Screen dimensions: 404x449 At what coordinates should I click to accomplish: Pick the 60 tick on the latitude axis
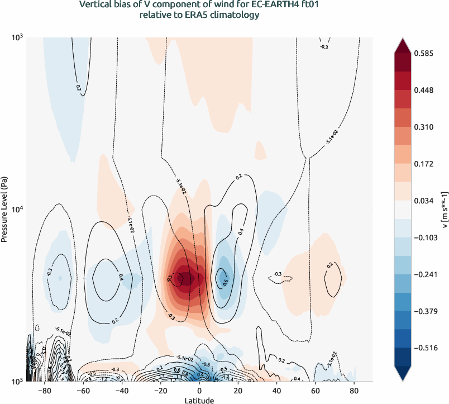click(x=314, y=391)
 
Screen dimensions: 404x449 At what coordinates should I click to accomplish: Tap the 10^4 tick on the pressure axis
click(x=17, y=210)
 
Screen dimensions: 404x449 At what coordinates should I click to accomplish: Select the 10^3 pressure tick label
click(x=17, y=37)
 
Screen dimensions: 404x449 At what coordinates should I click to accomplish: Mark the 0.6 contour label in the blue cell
click(x=225, y=282)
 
